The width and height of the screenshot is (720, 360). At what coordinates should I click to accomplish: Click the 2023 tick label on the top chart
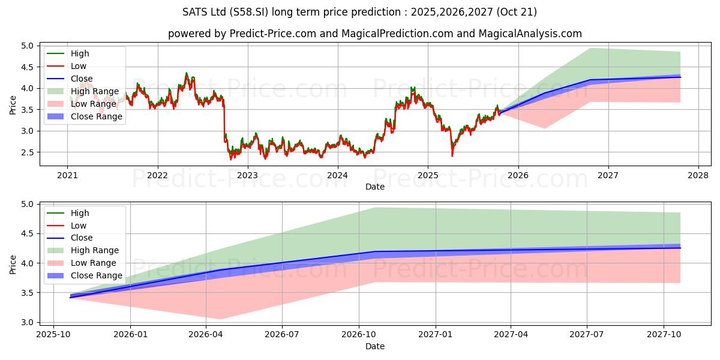247,175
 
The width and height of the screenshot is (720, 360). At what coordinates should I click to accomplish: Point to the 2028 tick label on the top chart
698,175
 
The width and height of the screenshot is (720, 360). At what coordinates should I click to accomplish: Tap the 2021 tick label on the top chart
67,175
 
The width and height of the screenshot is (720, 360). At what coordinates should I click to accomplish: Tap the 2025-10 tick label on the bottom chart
53,335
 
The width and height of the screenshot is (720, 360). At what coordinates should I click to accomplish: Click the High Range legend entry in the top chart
97,91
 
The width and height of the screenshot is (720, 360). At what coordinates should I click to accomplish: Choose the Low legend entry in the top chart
79,66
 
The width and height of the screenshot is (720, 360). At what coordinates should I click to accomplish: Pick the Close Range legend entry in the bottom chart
97,276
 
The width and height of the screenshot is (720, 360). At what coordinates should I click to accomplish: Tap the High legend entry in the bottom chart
80,213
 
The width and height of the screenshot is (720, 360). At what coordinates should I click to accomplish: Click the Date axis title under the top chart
375,187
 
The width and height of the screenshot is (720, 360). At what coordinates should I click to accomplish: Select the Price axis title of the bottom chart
13,263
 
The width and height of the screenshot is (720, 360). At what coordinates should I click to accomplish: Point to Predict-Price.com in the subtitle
273,34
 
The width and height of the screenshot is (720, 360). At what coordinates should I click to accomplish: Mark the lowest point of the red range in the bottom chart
219,319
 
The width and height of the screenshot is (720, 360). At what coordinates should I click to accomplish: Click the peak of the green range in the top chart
590,48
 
